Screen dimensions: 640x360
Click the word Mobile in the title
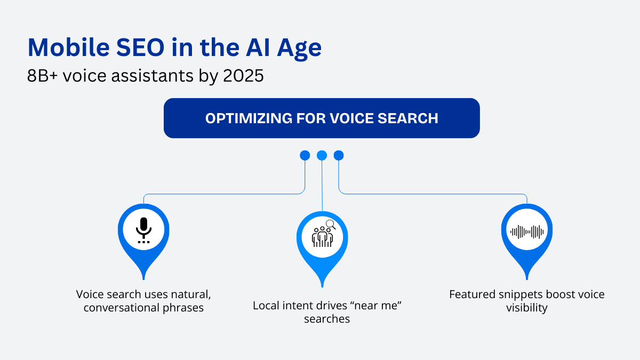click(x=69, y=47)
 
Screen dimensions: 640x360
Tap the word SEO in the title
click(x=140, y=47)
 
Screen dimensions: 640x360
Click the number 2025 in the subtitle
click(x=243, y=76)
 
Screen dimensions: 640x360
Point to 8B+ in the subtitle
click(x=42, y=76)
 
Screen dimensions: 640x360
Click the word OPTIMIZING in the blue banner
click(x=249, y=118)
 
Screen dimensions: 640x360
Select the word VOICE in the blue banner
click(x=351, y=118)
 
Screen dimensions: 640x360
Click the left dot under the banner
click(x=305, y=155)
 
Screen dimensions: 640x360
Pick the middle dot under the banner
click(x=322, y=155)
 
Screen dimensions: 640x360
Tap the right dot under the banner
click(x=339, y=155)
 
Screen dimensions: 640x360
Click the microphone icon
click(x=143, y=230)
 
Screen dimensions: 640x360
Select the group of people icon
click(x=322, y=237)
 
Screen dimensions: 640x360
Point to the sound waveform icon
click(x=527, y=231)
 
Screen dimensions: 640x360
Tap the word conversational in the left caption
click(x=122, y=308)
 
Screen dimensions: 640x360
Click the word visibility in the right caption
click(x=527, y=308)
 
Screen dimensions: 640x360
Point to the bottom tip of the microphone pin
click(x=143, y=279)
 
